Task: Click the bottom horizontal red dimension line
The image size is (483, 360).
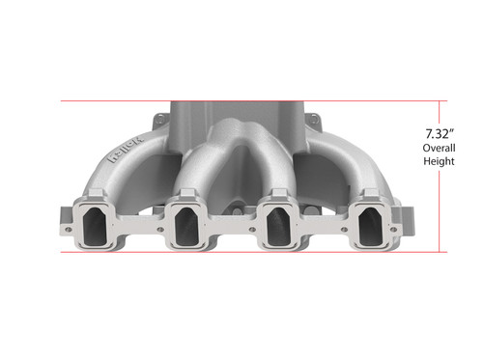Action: point(241,252)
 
